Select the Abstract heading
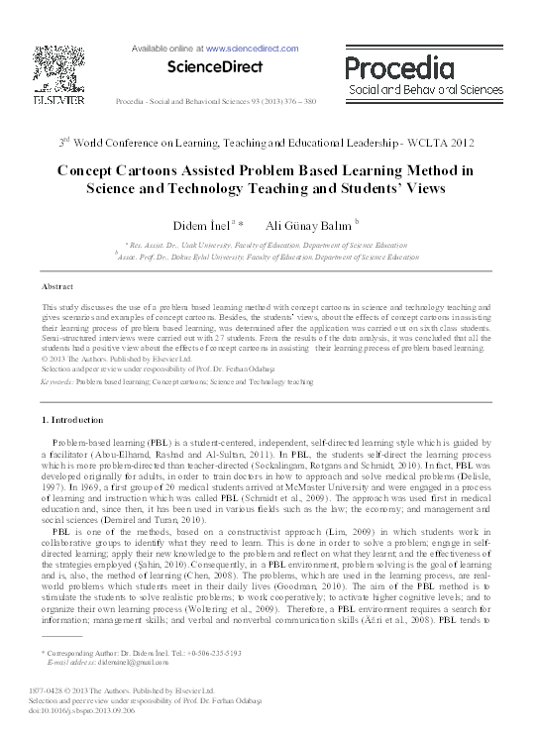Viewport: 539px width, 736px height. pyautogui.click(x=57, y=285)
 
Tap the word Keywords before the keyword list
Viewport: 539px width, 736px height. pyautogui.click(x=56, y=380)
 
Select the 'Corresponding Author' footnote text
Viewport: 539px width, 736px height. pyautogui.click(x=90, y=655)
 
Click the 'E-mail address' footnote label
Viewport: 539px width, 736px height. pyautogui.click(x=73, y=664)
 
